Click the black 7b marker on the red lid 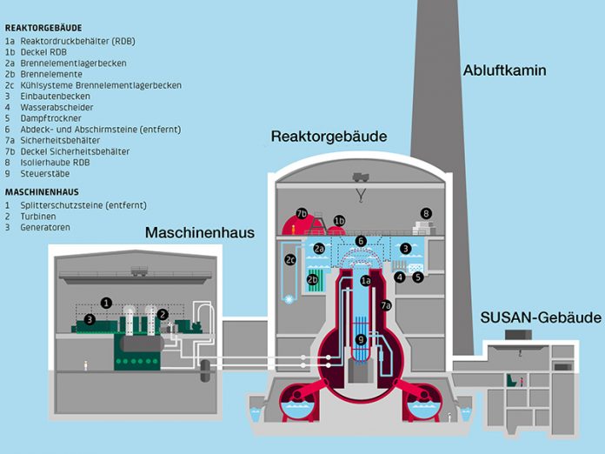pos(302,213)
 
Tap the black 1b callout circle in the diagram pos(340,220)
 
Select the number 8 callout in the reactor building pos(426,213)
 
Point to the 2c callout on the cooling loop pos(291,258)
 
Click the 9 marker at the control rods pos(361,339)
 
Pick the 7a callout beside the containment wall pos(386,305)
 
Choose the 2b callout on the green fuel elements pos(313,279)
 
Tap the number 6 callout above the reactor pos(361,240)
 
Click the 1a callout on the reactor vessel pos(366,280)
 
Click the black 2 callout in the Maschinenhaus pos(163,314)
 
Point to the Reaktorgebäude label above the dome pos(329,137)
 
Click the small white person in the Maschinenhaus pos(85,365)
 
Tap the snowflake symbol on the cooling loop pos(289,298)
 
